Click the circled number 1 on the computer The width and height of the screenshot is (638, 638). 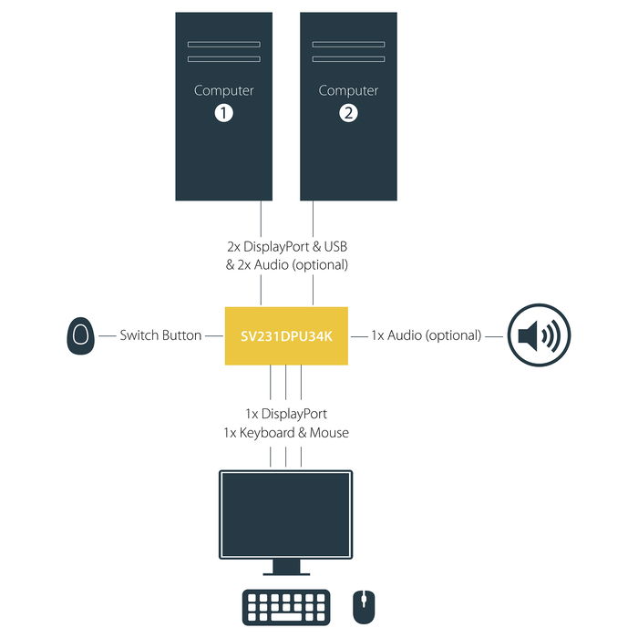tap(224, 113)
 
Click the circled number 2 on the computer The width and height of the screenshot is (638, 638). tap(348, 113)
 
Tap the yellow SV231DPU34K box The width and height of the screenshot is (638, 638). tap(286, 335)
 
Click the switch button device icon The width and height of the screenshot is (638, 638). tap(81, 335)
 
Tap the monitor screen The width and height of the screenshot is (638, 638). tap(286, 513)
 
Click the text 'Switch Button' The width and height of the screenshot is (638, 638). tap(160, 335)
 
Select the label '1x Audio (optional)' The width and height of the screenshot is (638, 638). tap(426, 335)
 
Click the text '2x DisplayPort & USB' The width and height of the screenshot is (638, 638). tap(286, 247)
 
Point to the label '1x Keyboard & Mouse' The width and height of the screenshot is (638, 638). tap(286, 433)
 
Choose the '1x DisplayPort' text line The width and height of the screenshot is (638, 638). tap(286, 415)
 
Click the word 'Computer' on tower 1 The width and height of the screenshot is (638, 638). tap(224, 90)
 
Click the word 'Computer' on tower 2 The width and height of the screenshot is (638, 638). tap(348, 90)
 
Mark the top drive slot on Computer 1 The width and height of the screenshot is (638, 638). tap(224, 43)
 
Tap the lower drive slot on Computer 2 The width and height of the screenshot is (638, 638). tap(348, 59)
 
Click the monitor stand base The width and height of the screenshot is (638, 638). tap(286, 571)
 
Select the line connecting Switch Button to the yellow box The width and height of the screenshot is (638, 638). tap(215, 335)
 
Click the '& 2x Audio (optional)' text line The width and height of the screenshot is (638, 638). tap(286, 265)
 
